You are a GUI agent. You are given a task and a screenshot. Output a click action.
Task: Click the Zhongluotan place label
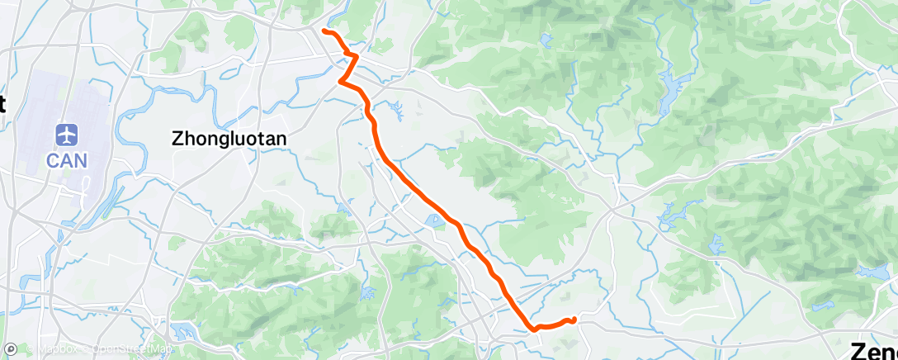pyautogui.click(x=229, y=140)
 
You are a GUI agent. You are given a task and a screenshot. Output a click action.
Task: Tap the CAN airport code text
pyautogui.click(x=67, y=160)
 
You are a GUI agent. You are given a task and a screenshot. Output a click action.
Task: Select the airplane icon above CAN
pyautogui.click(x=67, y=134)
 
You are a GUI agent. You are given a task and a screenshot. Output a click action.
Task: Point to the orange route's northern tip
pyautogui.click(x=324, y=31)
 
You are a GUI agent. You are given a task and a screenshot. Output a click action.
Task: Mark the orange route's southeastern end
pyautogui.click(x=572, y=319)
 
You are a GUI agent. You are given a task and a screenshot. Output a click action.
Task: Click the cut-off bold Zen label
pyautogui.click(x=876, y=349)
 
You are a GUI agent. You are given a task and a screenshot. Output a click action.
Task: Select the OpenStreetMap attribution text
pyautogui.click(x=131, y=349)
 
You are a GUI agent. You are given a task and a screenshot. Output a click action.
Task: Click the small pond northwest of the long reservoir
pyautogui.click(x=546, y=39)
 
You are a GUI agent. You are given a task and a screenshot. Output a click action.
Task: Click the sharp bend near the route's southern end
pyautogui.click(x=534, y=327)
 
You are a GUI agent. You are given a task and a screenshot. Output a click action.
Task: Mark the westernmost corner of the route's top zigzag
pyautogui.click(x=340, y=80)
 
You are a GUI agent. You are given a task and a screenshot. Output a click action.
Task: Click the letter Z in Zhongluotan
pyautogui.click(x=177, y=140)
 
